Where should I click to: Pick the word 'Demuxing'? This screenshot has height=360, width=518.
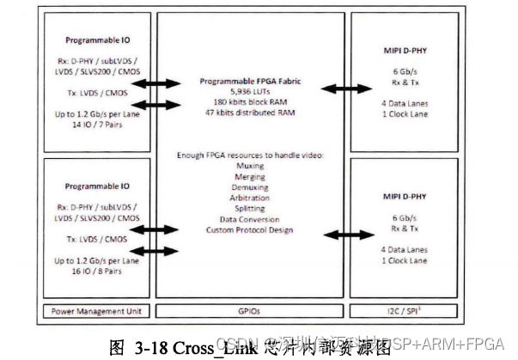tap(249, 186)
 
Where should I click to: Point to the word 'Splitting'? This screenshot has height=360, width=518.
tap(249, 208)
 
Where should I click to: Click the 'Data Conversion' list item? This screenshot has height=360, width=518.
tap(249, 219)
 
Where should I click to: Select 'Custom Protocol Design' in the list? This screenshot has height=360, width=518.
tap(249, 229)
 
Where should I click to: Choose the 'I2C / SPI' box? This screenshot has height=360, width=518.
tap(408, 310)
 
